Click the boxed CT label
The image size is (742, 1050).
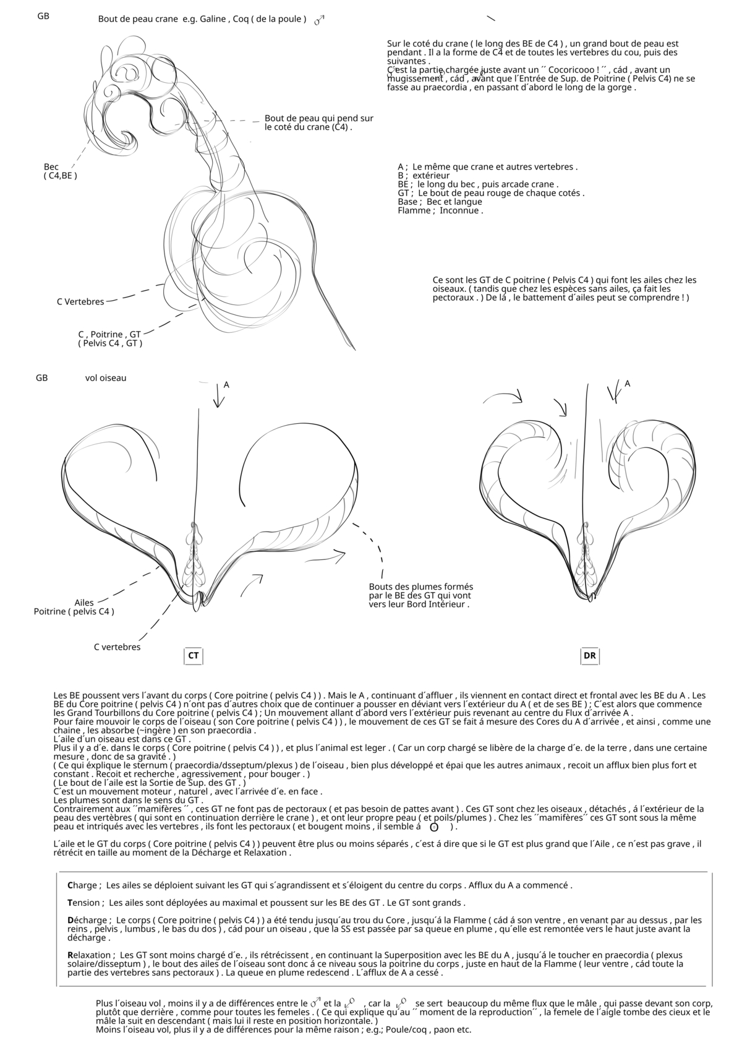pos(194,655)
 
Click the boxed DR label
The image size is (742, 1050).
pos(590,655)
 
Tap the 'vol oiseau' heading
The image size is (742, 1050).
pos(106,377)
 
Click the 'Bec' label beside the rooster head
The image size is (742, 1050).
pos(51,166)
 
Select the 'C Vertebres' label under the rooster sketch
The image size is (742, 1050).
pos(80,301)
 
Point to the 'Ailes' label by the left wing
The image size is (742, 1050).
pos(84,603)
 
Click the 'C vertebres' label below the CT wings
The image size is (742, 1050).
pos(117,647)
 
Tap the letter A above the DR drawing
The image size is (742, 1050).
pos(627,384)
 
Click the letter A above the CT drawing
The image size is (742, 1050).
pos(226,385)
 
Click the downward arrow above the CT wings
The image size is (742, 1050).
pos(217,396)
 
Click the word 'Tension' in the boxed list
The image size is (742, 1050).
pos(84,903)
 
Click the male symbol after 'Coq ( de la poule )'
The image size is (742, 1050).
pos(319,20)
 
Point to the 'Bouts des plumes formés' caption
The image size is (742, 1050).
pos(420,587)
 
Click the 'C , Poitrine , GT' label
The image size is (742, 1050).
pos(109,334)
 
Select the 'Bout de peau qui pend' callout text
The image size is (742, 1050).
pos(318,118)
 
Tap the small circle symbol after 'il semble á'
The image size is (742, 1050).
pos(433,827)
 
